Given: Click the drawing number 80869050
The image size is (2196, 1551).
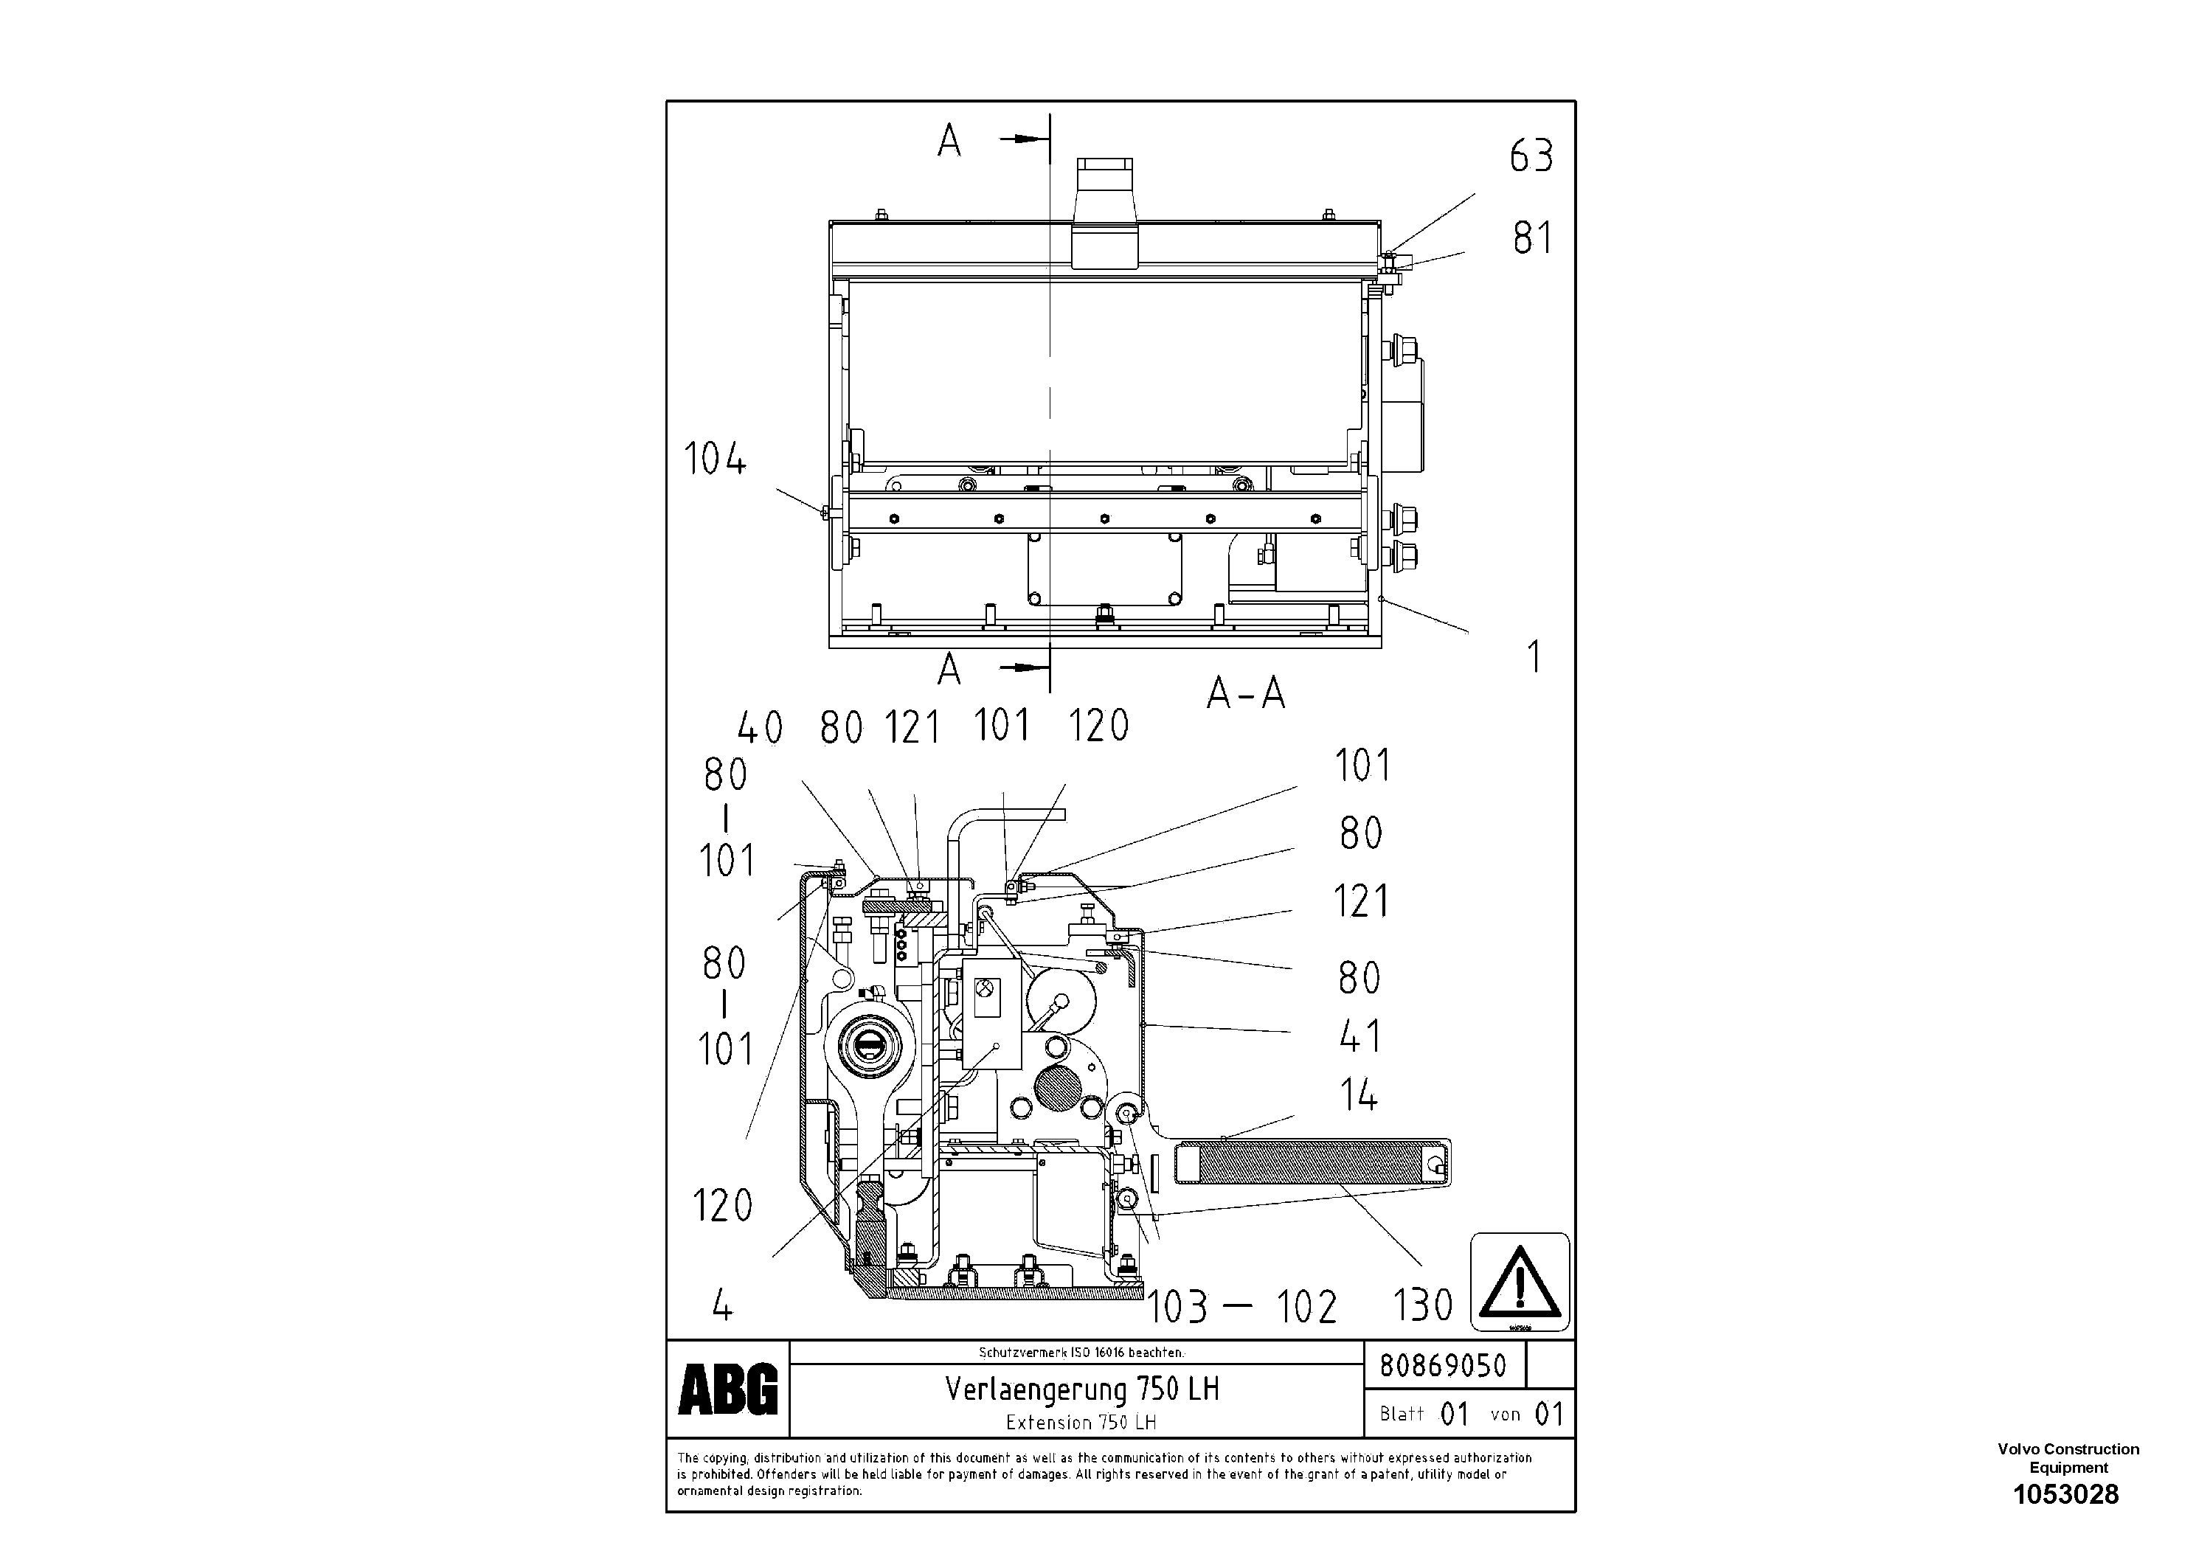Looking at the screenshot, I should [x=1442, y=1365].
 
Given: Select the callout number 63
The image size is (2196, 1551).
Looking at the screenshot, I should [x=1531, y=156].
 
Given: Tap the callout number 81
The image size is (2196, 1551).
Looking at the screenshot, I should [x=1531, y=238].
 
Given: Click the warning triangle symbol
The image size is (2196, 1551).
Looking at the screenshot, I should [x=1519, y=1283].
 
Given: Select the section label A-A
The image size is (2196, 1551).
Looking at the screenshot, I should [x=1245, y=693].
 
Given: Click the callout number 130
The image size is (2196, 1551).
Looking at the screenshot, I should [x=1422, y=1305].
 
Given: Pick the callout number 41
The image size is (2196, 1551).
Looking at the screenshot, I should [x=1359, y=1036].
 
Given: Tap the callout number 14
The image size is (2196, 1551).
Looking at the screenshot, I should [x=1358, y=1095].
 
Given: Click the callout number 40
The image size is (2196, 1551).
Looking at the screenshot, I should [x=760, y=729].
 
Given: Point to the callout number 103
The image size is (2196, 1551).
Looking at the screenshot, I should [x=1177, y=1307].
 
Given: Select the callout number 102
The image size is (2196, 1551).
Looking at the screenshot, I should [x=1306, y=1307].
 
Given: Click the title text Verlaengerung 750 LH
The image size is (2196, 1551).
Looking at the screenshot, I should [x=1081, y=1389].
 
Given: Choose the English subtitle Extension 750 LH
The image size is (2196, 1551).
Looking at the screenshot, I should [x=1081, y=1423].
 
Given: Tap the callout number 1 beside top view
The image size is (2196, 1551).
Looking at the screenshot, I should [x=1534, y=657].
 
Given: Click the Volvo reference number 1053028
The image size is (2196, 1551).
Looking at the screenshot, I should [x=2066, y=1495].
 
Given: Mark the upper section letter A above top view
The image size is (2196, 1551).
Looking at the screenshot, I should [x=949, y=142].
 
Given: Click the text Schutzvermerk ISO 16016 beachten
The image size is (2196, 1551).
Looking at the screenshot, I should [x=1081, y=1352].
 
